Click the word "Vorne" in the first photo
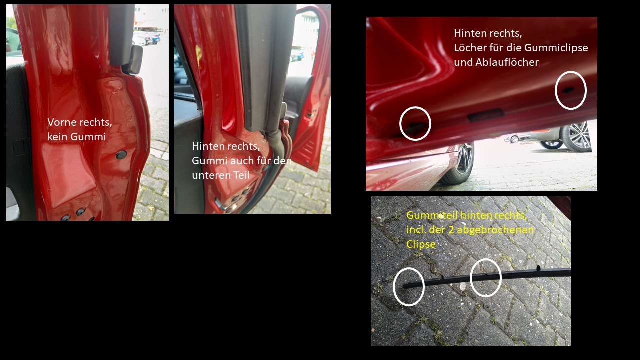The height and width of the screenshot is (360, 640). [61, 122]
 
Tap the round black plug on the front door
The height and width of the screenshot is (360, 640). [121, 155]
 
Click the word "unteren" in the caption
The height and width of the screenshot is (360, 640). [210, 175]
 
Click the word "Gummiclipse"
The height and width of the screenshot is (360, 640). [556, 48]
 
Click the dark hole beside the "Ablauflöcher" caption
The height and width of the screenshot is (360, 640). [568, 90]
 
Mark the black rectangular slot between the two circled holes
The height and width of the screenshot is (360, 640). [485, 115]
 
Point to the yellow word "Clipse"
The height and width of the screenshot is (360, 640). [421, 244]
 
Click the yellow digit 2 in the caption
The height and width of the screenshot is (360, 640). [451, 230]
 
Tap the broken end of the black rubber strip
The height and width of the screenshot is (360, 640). [404, 286]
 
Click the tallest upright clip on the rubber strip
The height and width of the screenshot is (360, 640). [538, 268]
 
